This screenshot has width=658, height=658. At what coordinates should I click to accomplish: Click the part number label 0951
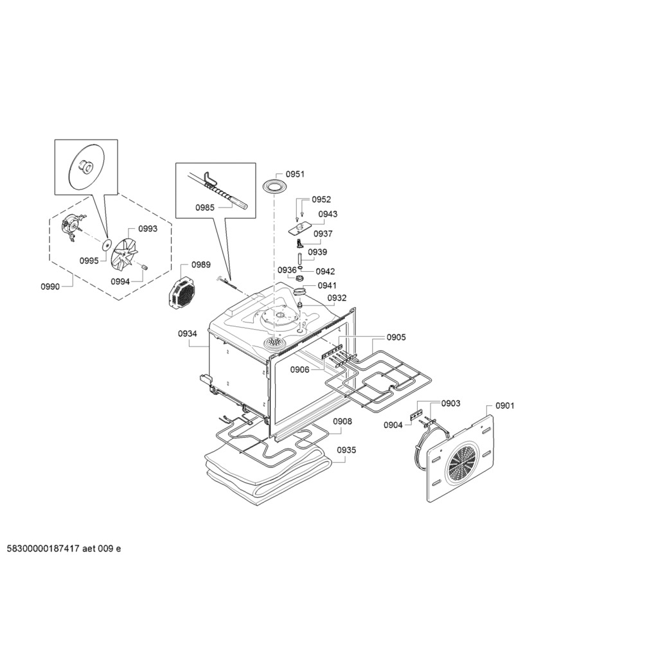tap(295, 173)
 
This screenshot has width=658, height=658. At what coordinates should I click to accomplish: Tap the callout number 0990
tap(50, 287)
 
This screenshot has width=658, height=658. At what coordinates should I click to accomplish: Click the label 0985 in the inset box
tap(205, 208)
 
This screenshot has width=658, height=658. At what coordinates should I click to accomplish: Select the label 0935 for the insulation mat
tap(346, 450)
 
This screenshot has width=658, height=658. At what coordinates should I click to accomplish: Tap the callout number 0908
tap(342, 422)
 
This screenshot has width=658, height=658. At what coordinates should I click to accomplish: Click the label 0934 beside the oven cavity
tap(187, 333)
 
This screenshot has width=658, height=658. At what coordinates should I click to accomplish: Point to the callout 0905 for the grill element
tap(396, 337)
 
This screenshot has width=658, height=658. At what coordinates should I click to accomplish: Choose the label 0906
tap(299, 369)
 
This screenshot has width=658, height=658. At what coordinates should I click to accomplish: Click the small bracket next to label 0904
tap(416, 416)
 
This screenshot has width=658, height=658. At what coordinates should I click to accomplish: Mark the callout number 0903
tap(450, 404)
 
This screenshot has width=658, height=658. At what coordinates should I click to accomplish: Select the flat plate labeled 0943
tap(299, 228)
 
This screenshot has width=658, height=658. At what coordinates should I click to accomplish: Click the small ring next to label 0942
tap(301, 268)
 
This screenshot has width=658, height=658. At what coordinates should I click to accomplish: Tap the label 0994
tap(120, 281)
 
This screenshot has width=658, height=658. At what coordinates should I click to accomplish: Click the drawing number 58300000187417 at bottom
tap(43, 549)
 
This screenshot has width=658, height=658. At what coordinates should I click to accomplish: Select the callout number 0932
tap(337, 298)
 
